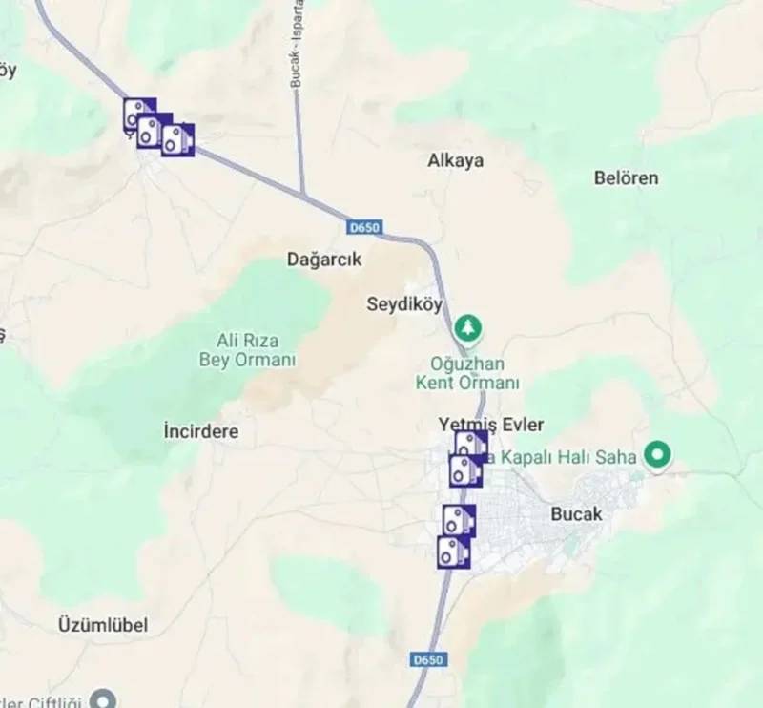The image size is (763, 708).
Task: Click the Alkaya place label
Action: (455, 160)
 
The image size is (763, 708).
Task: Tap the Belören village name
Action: (626, 177)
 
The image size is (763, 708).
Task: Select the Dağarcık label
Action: (324, 259)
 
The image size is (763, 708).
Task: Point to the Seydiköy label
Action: (404, 304)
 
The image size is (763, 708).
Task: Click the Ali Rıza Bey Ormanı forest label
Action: (247, 350)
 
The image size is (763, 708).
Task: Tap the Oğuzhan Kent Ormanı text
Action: (467, 373)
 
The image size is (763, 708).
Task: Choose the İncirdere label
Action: (201, 431)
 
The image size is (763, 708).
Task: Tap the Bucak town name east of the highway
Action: (577, 513)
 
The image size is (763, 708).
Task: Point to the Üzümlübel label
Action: (103, 625)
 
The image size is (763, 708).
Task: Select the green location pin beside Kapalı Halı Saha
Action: (656, 455)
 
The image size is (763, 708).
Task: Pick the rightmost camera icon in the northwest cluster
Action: (177, 140)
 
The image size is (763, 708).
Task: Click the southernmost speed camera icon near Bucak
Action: (453, 552)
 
